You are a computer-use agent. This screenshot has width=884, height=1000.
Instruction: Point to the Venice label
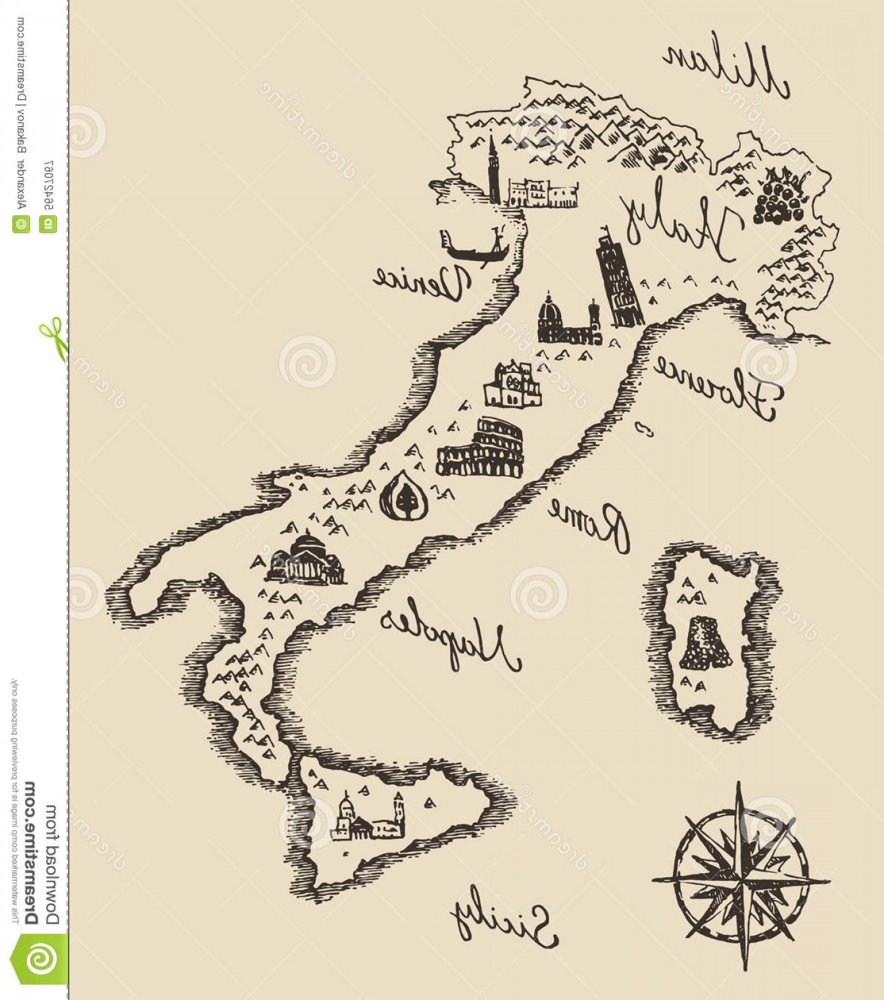point(423,281)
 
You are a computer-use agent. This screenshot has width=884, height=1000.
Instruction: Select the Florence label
point(716,388)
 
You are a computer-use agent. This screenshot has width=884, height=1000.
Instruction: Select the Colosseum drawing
point(480,449)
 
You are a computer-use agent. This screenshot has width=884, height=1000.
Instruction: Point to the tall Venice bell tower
point(493,170)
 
